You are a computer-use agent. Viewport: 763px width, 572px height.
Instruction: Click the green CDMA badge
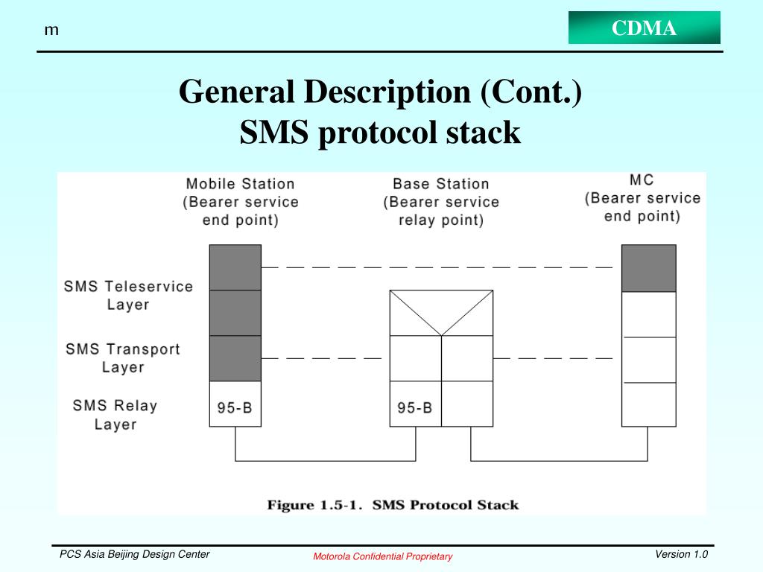click(x=645, y=28)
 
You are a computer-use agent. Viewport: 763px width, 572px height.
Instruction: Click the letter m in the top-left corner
click(x=51, y=30)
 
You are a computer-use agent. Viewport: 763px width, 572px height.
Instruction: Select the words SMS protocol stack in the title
click(x=380, y=133)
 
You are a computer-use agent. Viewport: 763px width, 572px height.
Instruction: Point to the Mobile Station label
click(x=240, y=183)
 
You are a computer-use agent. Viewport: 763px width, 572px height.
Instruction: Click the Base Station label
click(x=441, y=183)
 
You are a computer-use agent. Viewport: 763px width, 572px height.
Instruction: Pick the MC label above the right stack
click(x=642, y=180)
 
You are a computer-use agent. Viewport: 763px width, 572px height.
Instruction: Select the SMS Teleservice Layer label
click(x=128, y=295)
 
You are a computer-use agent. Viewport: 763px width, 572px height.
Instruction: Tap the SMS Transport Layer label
click(x=123, y=357)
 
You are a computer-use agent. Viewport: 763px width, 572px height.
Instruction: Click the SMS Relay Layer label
click(x=115, y=415)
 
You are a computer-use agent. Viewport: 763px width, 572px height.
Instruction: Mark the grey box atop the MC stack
click(x=649, y=268)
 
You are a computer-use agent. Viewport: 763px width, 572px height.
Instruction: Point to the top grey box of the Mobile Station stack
click(x=235, y=267)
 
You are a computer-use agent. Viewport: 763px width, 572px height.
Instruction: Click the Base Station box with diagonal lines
click(x=441, y=313)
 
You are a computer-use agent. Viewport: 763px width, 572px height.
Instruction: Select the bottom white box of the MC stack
click(x=649, y=404)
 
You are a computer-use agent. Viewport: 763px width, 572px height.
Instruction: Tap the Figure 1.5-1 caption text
click(x=393, y=505)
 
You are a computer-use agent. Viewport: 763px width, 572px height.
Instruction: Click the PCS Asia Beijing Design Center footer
click(x=135, y=554)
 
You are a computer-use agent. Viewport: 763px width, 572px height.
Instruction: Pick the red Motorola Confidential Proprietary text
click(x=382, y=556)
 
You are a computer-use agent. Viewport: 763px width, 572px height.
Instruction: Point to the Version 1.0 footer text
click(x=681, y=554)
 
